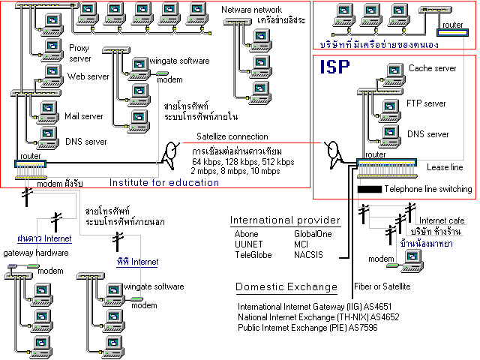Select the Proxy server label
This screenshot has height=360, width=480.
pos(79,52)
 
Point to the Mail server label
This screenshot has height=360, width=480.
pos(83,116)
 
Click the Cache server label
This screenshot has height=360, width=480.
pos(433,68)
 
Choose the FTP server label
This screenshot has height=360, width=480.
pos(425,103)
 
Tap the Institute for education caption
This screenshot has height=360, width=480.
pos(164,181)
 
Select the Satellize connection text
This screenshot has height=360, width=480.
pos(232,136)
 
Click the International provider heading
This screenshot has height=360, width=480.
pos(285,220)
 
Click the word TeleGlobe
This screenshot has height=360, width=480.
pos(252,255)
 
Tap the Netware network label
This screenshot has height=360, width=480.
pos(251,10)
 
